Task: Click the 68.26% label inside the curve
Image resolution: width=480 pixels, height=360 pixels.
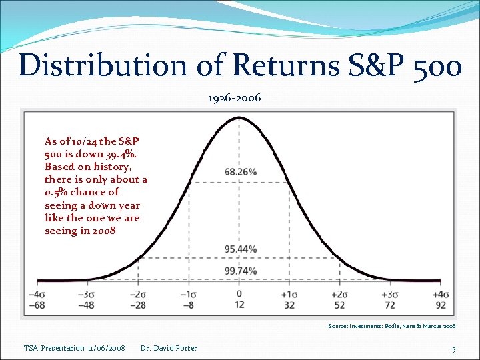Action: [241, 172]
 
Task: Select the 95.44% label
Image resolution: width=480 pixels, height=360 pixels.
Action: [241, 249]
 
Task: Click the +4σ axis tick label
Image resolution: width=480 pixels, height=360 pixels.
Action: [440, 295]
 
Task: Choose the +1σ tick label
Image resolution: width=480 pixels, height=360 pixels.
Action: [289, 295]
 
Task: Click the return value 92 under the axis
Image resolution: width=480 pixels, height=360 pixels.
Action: [441, 305]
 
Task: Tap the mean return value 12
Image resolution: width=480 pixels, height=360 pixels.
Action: [239, 305]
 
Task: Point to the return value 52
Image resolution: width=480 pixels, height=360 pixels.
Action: [340, 305]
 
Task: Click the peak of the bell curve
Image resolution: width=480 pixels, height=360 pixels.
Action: [239, 119]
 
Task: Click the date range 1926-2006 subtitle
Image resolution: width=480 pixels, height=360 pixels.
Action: [234, 98]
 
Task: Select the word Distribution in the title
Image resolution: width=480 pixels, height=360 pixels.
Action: [92, 65]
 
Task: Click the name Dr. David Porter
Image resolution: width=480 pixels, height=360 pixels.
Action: [169, 348]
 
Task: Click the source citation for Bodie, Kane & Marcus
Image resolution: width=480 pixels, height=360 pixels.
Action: [391, 327]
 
